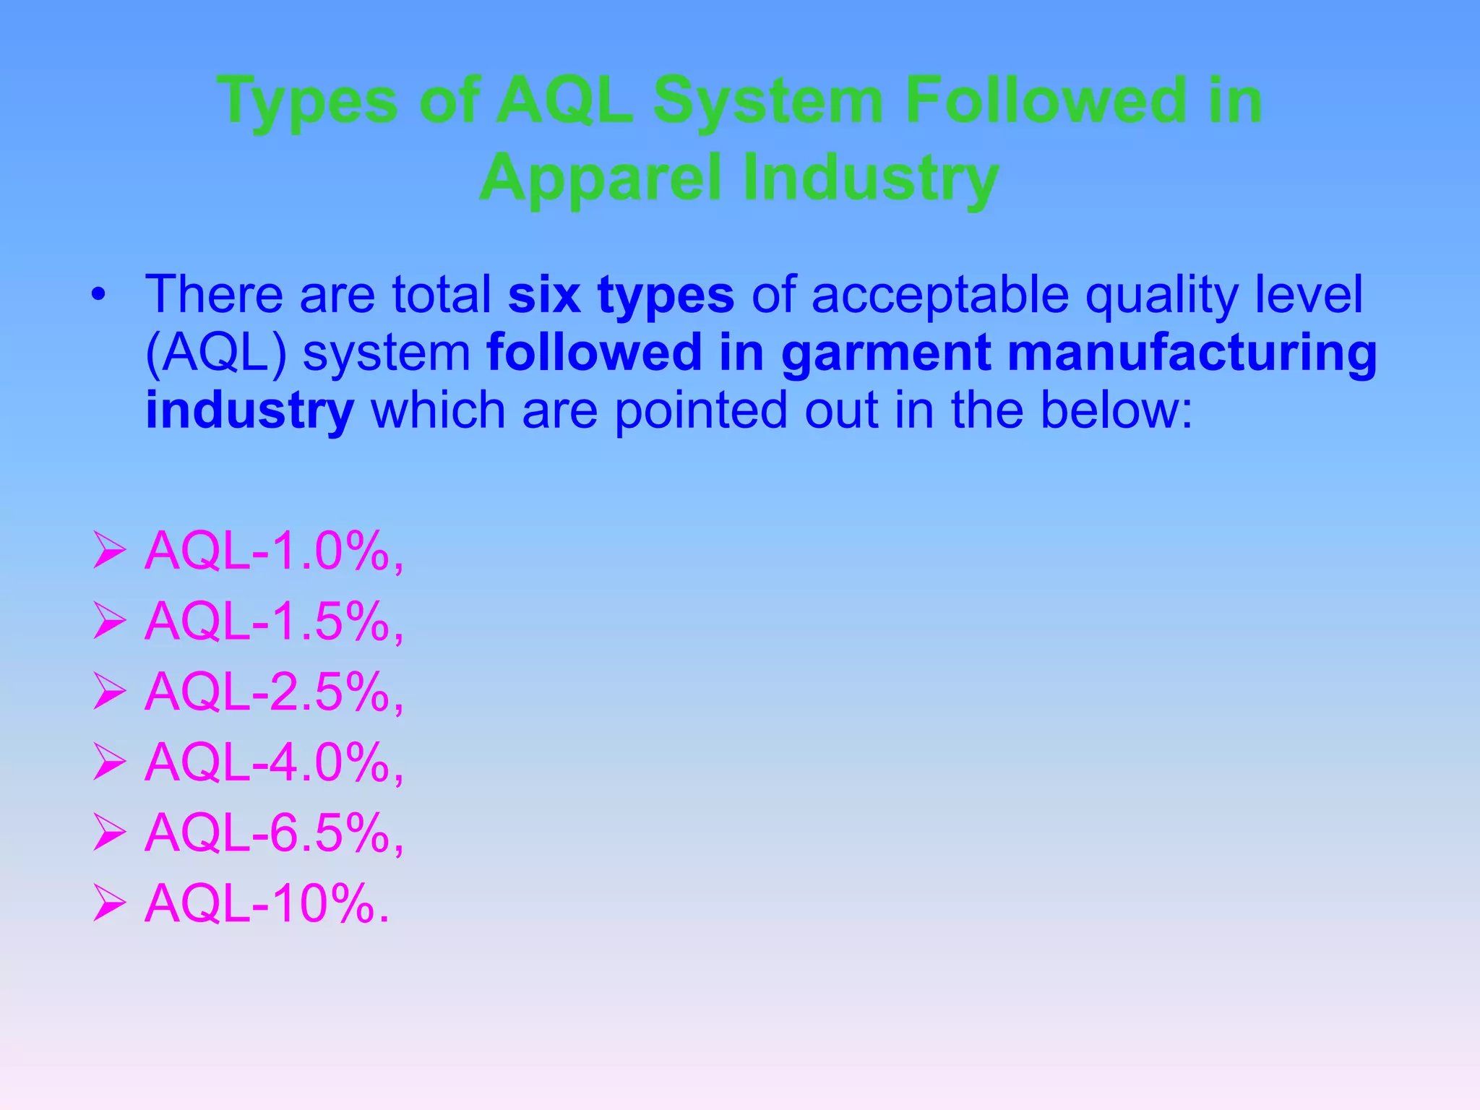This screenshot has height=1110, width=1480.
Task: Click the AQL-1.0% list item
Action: (273, 552)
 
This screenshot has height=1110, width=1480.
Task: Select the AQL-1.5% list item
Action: (273, 622)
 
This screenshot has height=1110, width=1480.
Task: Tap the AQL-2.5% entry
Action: (273, 692)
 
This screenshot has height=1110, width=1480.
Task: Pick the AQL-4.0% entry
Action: (273, 763)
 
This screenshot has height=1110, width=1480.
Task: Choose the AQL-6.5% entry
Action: (273, 833)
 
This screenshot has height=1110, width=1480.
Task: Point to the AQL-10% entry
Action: (266, 903)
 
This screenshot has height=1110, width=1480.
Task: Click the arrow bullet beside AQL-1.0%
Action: (109, 554)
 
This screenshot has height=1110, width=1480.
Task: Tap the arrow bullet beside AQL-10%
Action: (109, 905)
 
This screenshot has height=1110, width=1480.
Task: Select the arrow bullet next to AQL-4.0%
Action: (109, 765)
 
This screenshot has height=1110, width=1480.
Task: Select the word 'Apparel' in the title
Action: (601, 179)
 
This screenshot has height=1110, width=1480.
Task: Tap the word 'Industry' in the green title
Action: (870, 179)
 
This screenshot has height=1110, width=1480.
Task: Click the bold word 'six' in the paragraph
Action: (543, 295)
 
